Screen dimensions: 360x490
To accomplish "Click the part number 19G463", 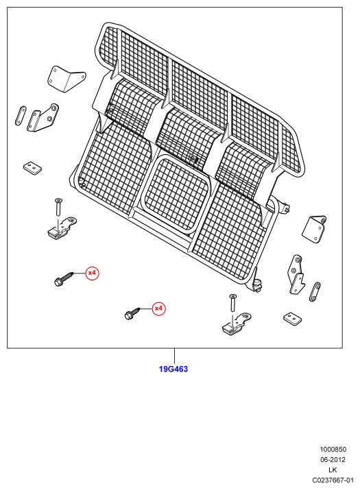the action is tap(173, 369).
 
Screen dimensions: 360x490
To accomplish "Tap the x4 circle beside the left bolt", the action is tap(93, 273).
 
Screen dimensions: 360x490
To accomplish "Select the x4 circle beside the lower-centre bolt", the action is tap(159, 309).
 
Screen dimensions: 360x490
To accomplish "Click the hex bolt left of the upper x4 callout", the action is tap(64, 279).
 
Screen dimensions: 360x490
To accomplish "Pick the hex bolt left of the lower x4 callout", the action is tap(132, 313).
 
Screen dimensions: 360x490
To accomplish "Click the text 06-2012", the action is tap(333, 460).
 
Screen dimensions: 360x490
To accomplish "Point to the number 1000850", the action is tap(333, 450).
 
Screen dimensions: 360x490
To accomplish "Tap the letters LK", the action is tap(333, 470).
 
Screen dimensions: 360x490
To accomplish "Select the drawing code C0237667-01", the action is tap(333, 480).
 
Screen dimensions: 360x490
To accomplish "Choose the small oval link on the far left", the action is tap(21, 116).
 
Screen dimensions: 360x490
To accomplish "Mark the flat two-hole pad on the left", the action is tap(32, 167).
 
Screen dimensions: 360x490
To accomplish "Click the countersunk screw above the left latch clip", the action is tap(58, 206).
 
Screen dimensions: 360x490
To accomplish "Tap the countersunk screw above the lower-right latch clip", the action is tap(232, 302).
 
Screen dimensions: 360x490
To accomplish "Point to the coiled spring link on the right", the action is tap(315, 291).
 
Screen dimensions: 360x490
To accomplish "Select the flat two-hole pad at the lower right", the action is tap(293, 318).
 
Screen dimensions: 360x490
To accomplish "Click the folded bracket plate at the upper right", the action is tap(313, 229).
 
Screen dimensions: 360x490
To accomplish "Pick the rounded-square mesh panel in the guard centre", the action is tap(177, 194).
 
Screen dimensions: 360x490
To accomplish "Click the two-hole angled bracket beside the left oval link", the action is tap(43, 118).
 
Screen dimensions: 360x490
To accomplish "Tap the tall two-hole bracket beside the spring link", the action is tap(296, 275).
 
